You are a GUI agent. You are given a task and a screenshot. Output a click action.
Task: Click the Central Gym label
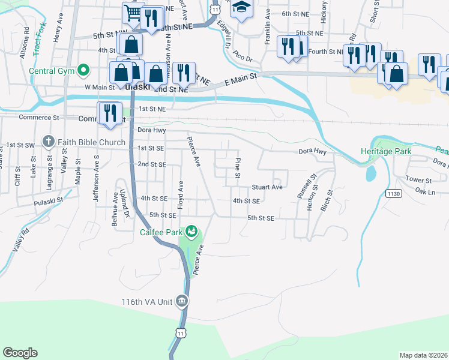(52, 71)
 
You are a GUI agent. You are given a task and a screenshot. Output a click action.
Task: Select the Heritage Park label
(386, 152)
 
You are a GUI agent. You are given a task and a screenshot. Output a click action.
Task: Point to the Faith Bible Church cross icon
(48, 143)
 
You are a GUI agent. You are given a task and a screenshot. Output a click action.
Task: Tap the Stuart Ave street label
(267, 187)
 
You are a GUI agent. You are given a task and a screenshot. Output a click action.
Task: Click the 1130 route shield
(393, 193)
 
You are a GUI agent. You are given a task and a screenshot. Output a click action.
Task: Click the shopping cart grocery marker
(133, 12)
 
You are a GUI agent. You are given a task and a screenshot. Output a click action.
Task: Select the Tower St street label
(418, 179)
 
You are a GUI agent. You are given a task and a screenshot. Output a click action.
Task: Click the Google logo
(20, 353)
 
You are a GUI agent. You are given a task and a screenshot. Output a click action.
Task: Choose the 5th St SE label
(261, 219)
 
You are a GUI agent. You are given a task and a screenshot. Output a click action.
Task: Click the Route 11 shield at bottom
(181, 332)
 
